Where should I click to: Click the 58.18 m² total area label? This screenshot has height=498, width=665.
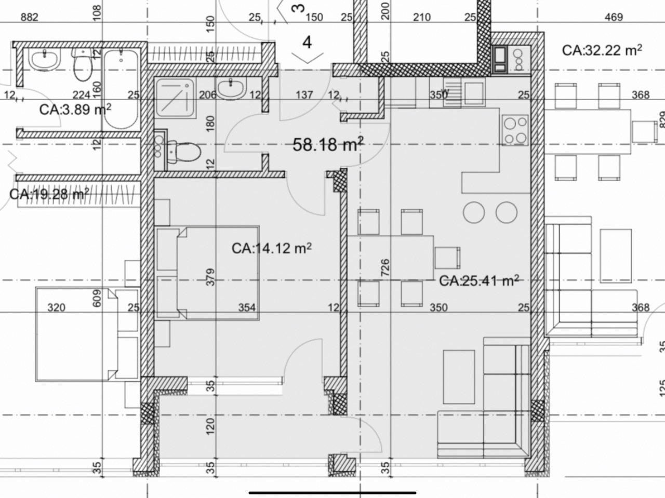coord(328,144)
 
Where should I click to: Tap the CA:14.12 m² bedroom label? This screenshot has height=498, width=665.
coord(271,248)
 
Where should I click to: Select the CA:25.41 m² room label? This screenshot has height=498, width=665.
coord(479,280)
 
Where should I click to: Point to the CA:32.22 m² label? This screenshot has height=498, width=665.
coord(602,50)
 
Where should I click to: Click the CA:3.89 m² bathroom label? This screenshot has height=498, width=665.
coord(75,109)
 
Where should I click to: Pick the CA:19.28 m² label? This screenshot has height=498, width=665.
coord(49,194)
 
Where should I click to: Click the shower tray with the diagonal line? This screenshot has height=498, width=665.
coord(175,98)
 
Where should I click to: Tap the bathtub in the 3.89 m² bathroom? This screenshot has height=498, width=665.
coord(121,89)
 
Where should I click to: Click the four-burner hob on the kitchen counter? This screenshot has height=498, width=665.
coord(515,130)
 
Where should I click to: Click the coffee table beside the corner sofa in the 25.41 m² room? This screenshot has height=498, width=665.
coord(459,377)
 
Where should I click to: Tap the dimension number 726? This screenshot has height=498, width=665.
coord(385,267)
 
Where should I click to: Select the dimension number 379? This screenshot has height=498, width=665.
coord(210,277)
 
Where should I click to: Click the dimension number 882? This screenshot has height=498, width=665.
coord(30,17)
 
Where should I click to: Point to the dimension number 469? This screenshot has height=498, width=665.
coord(614,17)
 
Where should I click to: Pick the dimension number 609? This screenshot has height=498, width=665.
coord(97,299)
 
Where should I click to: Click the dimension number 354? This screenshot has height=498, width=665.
coord(247,307)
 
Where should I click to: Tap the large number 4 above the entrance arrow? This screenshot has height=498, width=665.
coord(307,43)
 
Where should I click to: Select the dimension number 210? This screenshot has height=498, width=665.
coord(422,17)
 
